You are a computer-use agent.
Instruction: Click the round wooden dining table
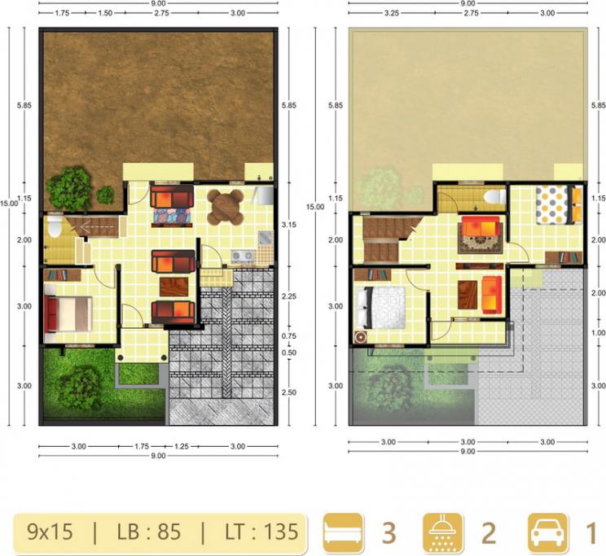coord(226,207)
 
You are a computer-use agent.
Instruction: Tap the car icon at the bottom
coord(547,533)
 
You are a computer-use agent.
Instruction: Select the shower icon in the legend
coord(443,533)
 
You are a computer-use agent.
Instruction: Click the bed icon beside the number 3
coord(343,533)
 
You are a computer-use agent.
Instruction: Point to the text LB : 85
coord(149,532)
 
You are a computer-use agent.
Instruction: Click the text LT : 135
coord(261,532)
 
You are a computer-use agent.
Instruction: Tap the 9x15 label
coord(50,532)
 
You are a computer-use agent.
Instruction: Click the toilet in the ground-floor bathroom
coord(54,226)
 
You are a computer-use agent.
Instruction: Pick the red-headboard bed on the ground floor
coord(68,314)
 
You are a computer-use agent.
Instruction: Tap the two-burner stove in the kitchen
coord(243,256)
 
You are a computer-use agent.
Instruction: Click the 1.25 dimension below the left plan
coord(181,447)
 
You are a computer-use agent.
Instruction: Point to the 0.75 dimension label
coord(289,336)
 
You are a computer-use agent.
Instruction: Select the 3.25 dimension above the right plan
coord(392,13)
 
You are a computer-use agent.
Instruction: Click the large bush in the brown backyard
coord(69,188)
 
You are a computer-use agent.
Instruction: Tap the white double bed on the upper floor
coord(380,308)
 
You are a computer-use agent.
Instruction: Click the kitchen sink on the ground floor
coord(266,238)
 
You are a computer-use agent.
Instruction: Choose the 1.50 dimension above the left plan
coord(105,13)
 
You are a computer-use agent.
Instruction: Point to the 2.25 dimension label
coord(289,296)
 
